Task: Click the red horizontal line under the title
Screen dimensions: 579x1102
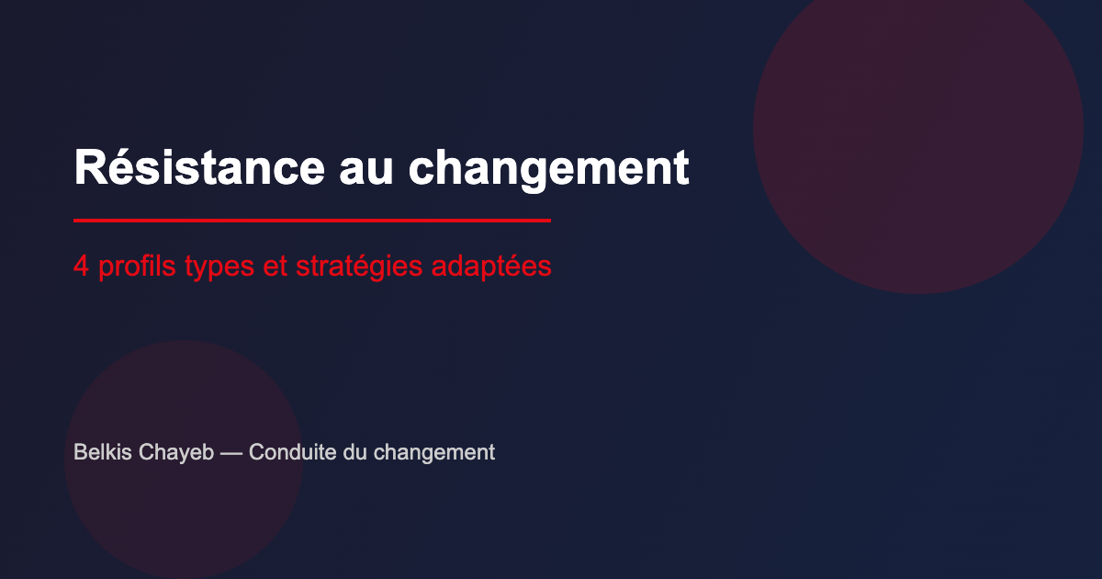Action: tap(312, 221)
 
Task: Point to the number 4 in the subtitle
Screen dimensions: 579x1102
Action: tap(81, 267)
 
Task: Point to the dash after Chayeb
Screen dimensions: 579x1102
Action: tap(231, 453)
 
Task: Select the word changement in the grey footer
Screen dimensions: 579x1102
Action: tap(433, 453)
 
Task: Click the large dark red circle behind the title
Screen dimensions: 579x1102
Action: tap(918, 129)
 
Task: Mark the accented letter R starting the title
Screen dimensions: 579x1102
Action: tap(87, 167)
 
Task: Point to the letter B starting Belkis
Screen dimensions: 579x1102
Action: tap(80, 452)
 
